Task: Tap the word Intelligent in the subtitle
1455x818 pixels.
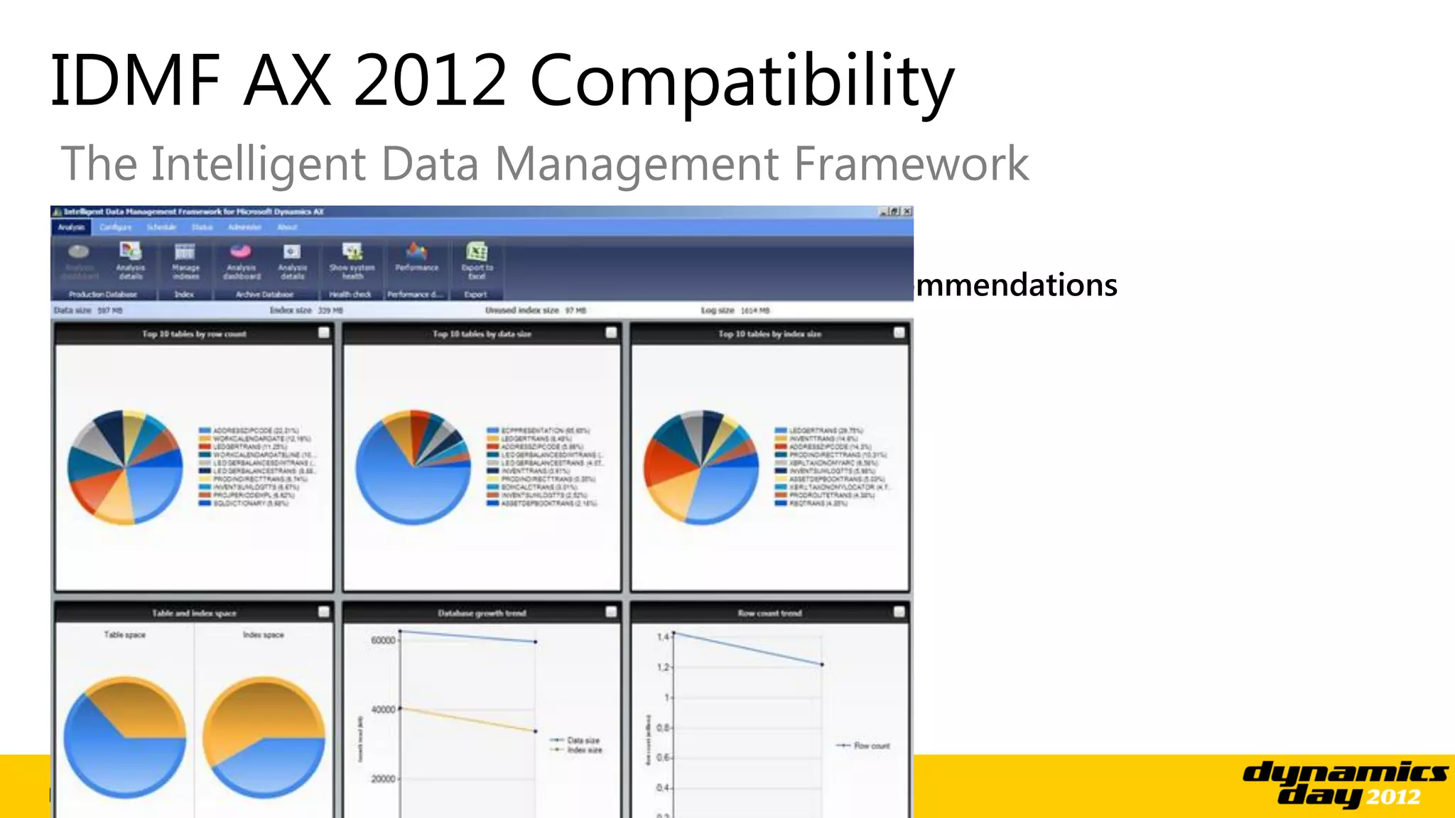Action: point(259,164)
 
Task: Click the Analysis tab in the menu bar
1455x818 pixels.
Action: point(71,227)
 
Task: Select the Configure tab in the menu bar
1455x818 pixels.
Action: point(115,227)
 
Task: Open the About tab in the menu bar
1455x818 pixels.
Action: point(287,227)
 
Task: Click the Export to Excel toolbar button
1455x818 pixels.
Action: point(477,261)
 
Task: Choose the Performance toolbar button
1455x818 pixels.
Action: point(417,258)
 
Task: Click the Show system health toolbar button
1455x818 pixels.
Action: point(352,261)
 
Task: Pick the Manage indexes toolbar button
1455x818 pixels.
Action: point(185,261)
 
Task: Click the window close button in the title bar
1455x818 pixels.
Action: point(907,212)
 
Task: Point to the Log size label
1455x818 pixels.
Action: point(718,310)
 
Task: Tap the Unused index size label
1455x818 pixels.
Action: point(523,310)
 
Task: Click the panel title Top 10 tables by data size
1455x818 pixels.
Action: point(482,334)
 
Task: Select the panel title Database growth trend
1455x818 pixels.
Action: point(482,613)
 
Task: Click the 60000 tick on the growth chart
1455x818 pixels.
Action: point(383,640)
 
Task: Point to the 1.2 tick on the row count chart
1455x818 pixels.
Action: point(662,667)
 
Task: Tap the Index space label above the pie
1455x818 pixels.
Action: point(263,635)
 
